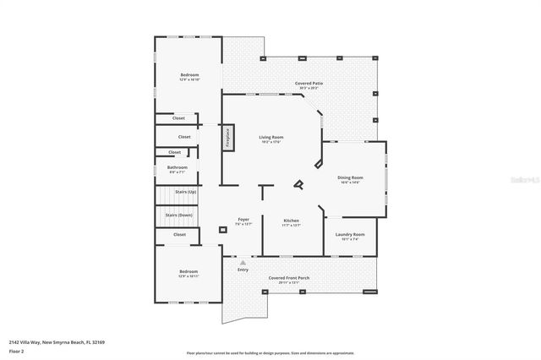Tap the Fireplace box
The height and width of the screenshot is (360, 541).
point(227,139)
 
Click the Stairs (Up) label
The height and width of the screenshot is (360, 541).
point(186,193)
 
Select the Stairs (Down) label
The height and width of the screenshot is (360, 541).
point(179,215)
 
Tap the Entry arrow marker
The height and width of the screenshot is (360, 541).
point(243,263)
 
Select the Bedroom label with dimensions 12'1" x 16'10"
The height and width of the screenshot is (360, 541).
point(189,76)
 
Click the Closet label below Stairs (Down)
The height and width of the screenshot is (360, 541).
point(179,234)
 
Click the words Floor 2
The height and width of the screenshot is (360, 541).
point(17,350)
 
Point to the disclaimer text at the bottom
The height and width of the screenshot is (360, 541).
point(270,352)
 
